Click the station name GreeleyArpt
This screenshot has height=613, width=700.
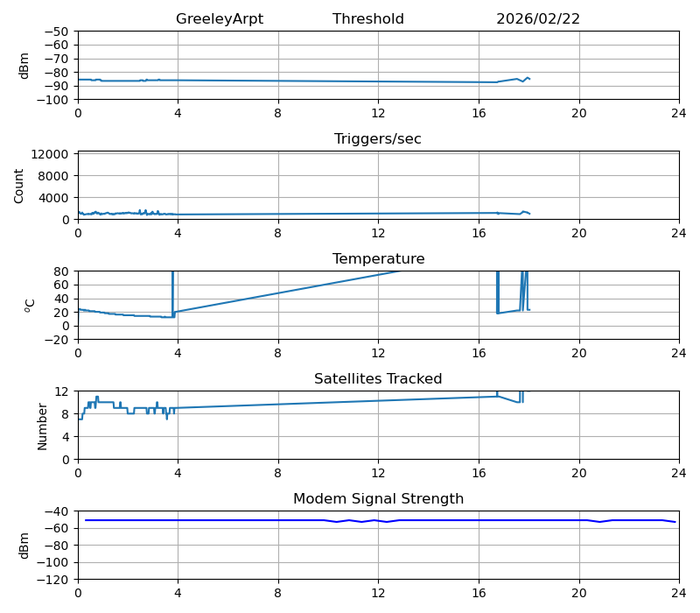(219, 19)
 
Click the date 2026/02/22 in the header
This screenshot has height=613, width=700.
(538, 19)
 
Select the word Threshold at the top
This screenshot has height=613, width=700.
(368, 19)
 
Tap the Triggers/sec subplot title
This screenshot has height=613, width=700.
(378, 139)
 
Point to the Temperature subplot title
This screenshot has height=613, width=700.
(378, 259)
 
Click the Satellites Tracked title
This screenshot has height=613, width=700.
(378, 379)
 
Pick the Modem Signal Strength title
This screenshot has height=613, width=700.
(378, 499)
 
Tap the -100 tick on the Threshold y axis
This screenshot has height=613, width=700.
(53, 100)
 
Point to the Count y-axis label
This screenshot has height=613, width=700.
(19, 186)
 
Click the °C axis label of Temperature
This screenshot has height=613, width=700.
(30, 305)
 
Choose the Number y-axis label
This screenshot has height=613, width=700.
(43, 426)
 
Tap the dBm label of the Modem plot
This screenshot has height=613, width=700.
(24, 545)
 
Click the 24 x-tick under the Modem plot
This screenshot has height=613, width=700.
(679, 593)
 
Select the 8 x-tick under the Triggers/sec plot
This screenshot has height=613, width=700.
(278, 233)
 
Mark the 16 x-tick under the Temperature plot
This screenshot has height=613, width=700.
(479, 353)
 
